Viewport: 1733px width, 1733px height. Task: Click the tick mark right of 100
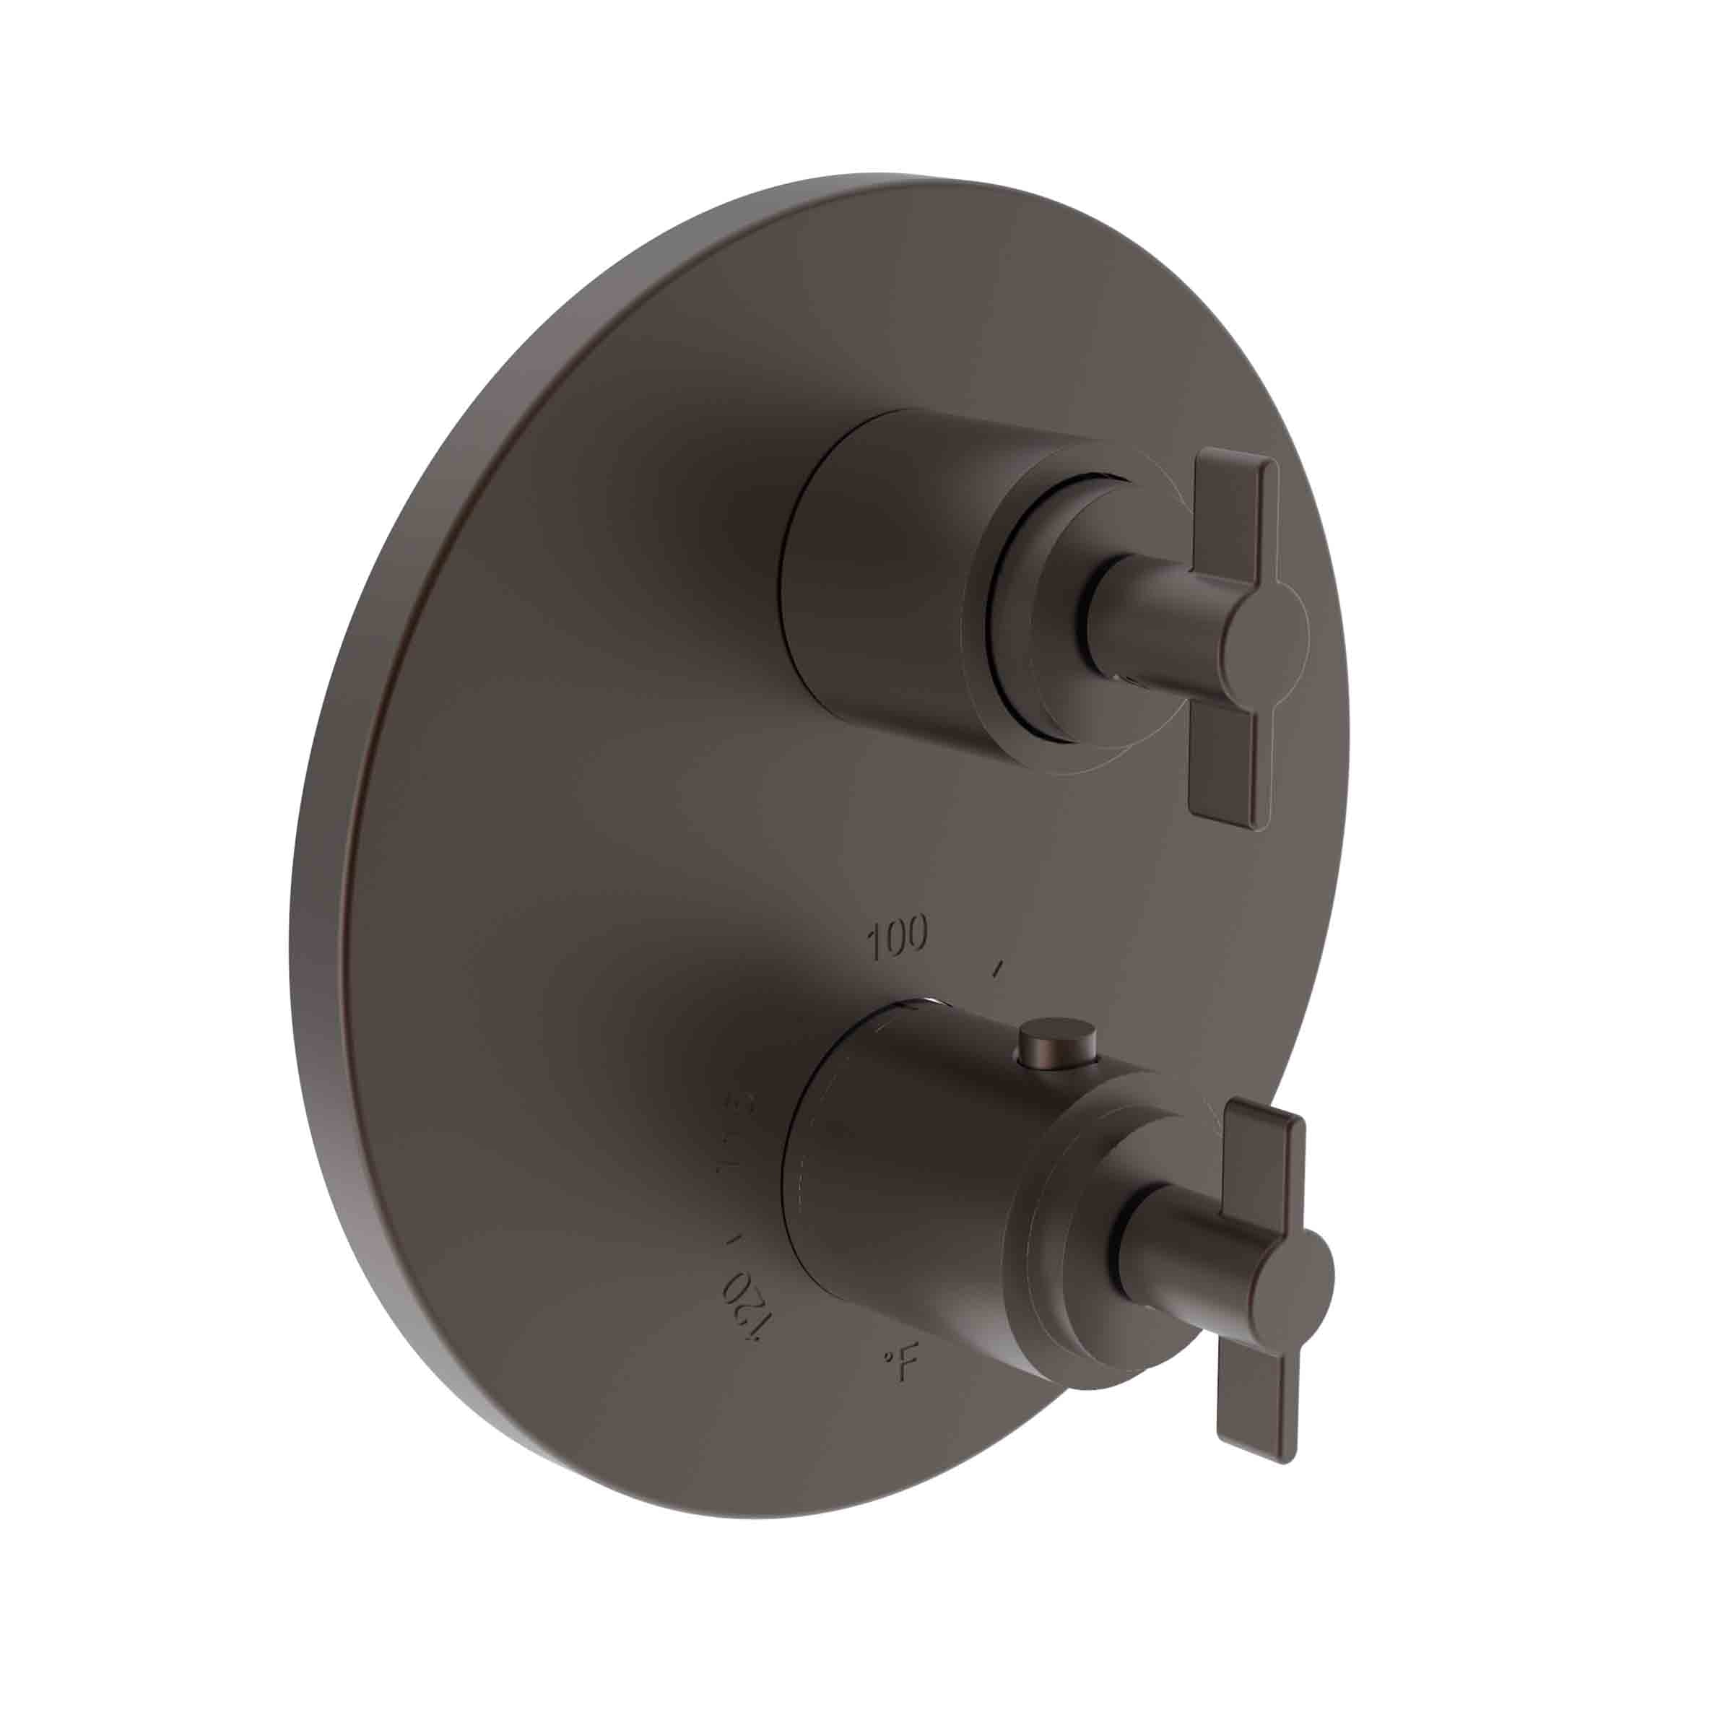click(x=997, y=967)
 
